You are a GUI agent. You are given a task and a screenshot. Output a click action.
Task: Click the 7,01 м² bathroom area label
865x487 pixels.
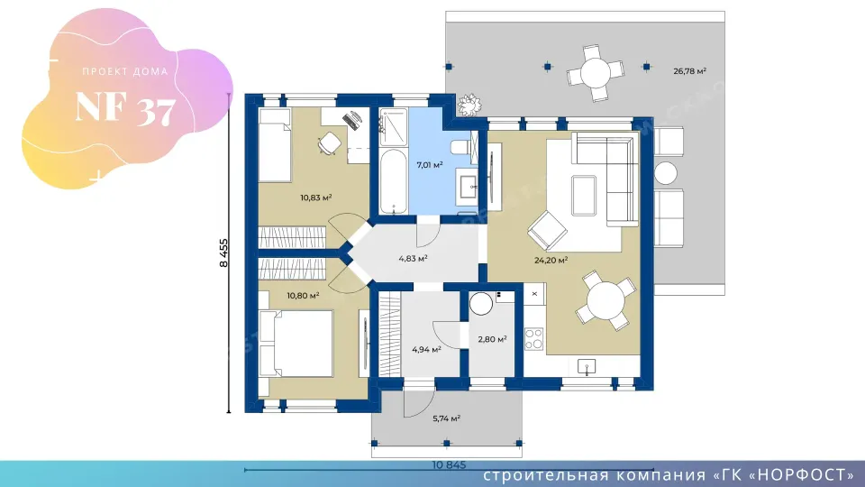[430, 164]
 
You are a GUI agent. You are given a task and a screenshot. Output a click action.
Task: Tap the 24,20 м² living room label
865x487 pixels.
[551, 260]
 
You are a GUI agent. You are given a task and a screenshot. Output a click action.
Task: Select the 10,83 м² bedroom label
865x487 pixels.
[316, 198]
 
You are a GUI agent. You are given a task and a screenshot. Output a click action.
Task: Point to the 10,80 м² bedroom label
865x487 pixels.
[303, 296]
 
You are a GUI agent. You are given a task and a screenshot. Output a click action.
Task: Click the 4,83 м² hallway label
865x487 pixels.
[414, 258]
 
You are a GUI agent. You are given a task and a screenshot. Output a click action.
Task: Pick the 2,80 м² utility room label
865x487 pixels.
[492, 339]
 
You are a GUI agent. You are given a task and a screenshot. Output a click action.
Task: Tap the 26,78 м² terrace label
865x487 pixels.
[689, 70]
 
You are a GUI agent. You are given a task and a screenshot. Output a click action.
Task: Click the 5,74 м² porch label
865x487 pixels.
[446, 418]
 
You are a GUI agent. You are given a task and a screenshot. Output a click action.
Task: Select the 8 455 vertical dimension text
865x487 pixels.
[223, 253]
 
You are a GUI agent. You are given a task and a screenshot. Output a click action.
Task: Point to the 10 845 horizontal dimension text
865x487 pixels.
[449, 465]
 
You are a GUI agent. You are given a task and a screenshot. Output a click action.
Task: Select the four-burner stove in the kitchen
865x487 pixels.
[533, 339]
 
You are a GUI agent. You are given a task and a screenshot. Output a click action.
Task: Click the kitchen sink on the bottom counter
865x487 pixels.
[586, 366]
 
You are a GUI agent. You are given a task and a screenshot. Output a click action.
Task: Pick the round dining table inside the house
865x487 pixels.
[605, 299]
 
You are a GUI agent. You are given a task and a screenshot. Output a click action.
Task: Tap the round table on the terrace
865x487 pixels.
[596, 72]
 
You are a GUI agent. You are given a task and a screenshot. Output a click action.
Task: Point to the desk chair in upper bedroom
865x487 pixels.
[330, 143]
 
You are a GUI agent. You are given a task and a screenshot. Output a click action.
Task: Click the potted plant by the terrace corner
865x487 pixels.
[469, 105]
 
